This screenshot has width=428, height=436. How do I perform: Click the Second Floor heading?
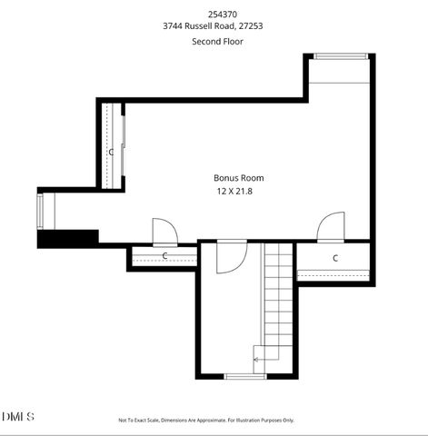214,42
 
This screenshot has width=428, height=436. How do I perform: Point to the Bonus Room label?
239,178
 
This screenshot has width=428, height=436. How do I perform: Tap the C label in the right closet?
335,259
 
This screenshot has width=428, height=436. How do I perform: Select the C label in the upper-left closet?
112,152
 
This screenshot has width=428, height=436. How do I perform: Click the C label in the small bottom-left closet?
164,256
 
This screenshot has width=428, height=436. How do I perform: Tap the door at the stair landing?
229,257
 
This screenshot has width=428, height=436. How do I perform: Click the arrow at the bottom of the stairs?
258,360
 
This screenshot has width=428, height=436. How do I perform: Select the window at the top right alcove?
341,57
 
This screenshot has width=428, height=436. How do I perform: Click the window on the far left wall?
39,211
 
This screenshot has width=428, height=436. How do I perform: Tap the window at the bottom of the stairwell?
245,376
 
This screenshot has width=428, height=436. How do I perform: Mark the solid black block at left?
67,238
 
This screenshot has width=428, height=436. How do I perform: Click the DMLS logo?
18,416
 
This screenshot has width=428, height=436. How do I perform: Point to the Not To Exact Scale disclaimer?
206,420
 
